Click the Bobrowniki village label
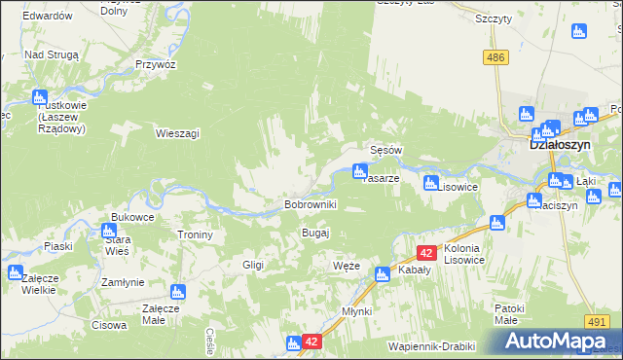point(310,204)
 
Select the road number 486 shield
point(496,58)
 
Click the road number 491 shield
point(598,322)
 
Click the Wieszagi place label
point(177,132)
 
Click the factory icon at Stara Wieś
point(108,232)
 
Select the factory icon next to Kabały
point(383,274)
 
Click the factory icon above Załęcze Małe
point(177,291)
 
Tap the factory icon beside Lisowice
point(431,181)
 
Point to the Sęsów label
point(386,151)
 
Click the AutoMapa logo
point(559,342)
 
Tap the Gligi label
point(254,265)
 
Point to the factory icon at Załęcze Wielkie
point(15,272)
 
